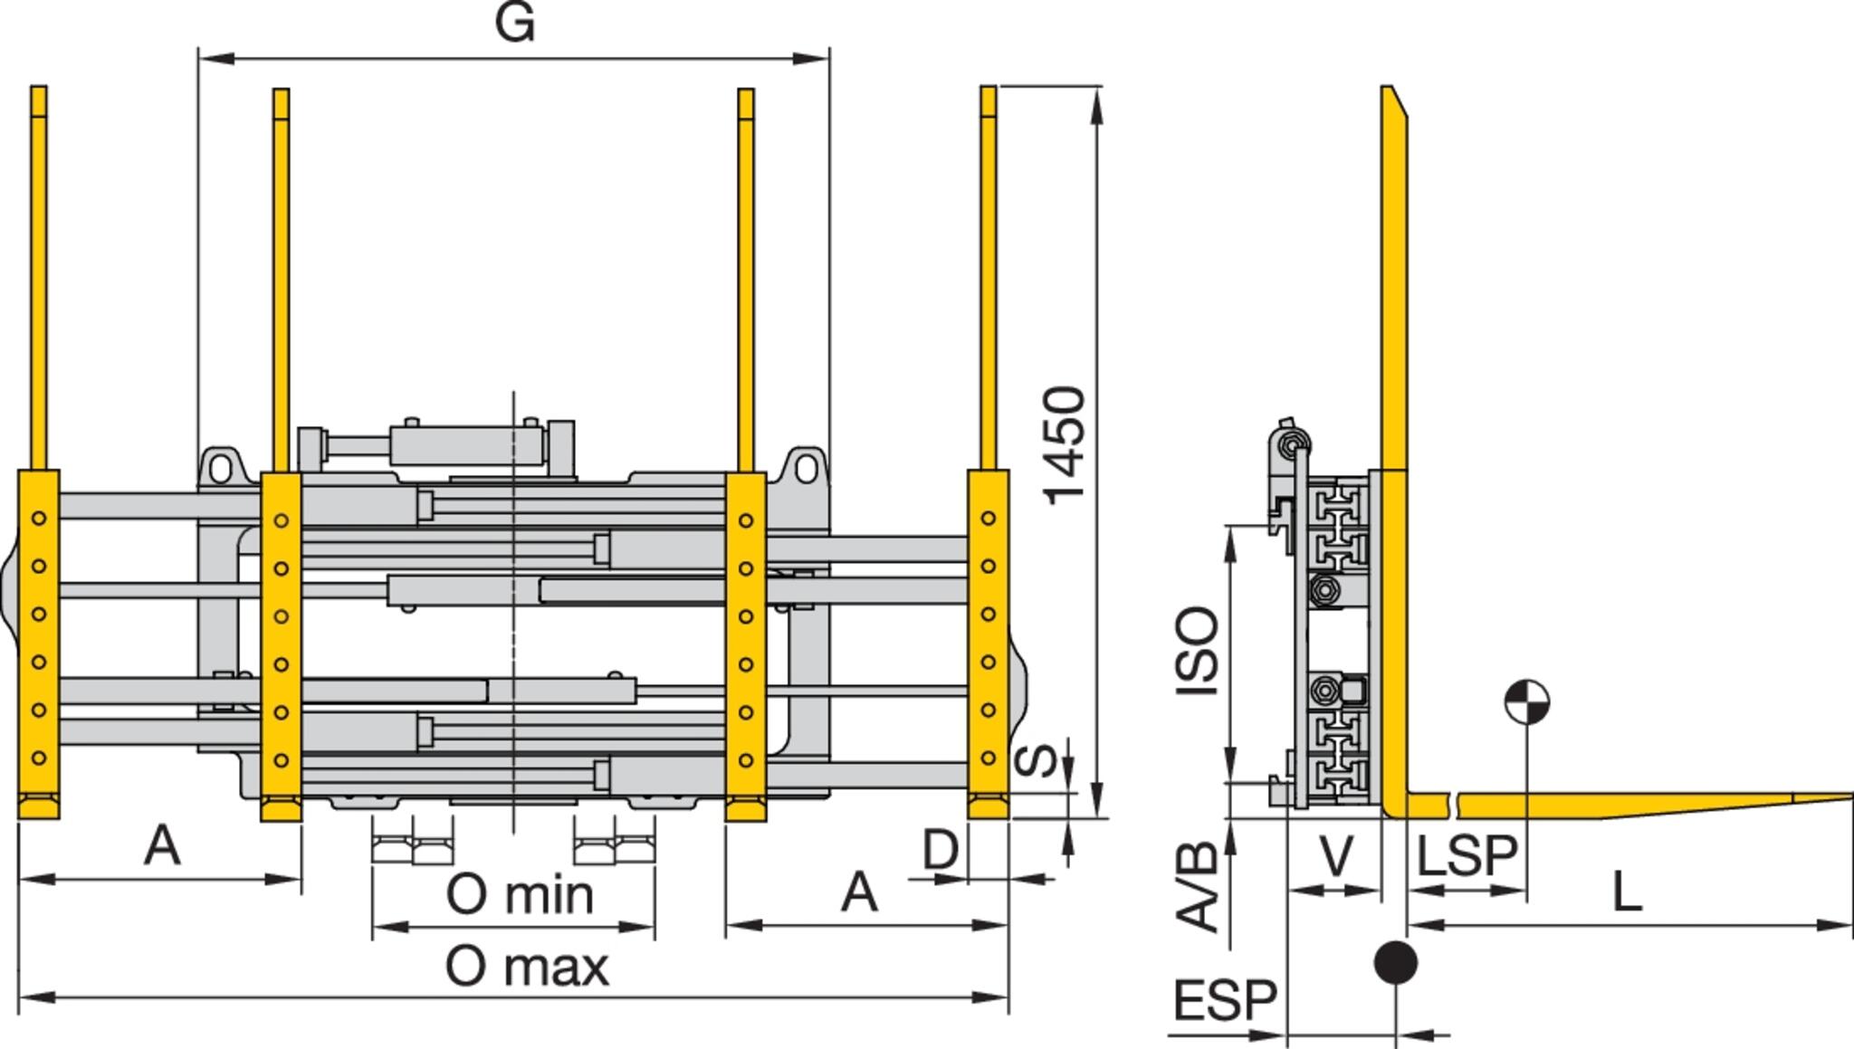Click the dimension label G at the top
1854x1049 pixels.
[x=515, y=24]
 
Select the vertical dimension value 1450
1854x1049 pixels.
[x=1065, y=445]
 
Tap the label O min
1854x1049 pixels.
[x=520, y=895]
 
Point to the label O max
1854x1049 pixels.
[x=527, y=967]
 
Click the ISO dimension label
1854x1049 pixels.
[x=1197, y=650]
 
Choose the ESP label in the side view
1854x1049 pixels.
[x=1224, y=1001]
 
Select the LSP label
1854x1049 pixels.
[x=1467, y=855]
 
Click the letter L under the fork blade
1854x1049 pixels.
[x=1627, y=893]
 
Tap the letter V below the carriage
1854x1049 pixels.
[x=1336, y=855]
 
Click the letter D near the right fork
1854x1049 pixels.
[x=941, y=850]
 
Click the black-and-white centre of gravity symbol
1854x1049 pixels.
[x=1526, y=702]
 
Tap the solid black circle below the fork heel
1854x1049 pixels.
[x=1395, y=961]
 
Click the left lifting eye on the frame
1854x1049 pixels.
[x=220, y=468]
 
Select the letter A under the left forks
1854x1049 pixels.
[x=162, y=846]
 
